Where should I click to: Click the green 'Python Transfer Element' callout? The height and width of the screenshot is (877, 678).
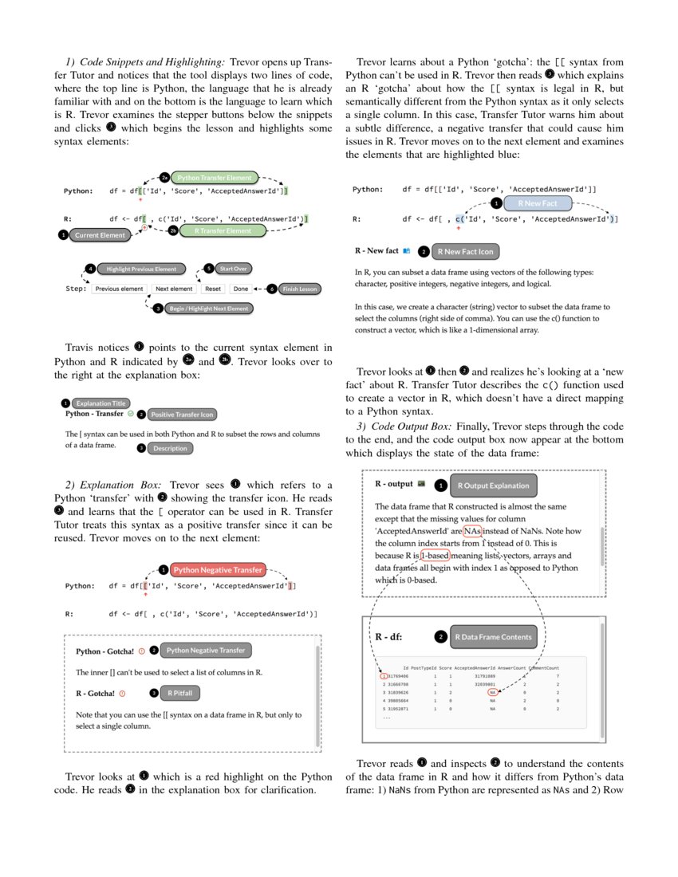215,178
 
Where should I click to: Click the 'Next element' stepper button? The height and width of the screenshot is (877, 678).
174,289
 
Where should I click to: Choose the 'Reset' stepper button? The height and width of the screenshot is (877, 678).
212,289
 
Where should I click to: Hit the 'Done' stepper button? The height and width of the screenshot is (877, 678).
241,289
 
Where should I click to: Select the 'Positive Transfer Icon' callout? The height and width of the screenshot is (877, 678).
183,415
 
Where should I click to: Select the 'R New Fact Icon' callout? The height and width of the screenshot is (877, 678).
464,251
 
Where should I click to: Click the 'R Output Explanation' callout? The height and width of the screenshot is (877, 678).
493,485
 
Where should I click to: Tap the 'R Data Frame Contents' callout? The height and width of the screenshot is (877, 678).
493,637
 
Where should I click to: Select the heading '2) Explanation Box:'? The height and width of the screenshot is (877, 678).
116,485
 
